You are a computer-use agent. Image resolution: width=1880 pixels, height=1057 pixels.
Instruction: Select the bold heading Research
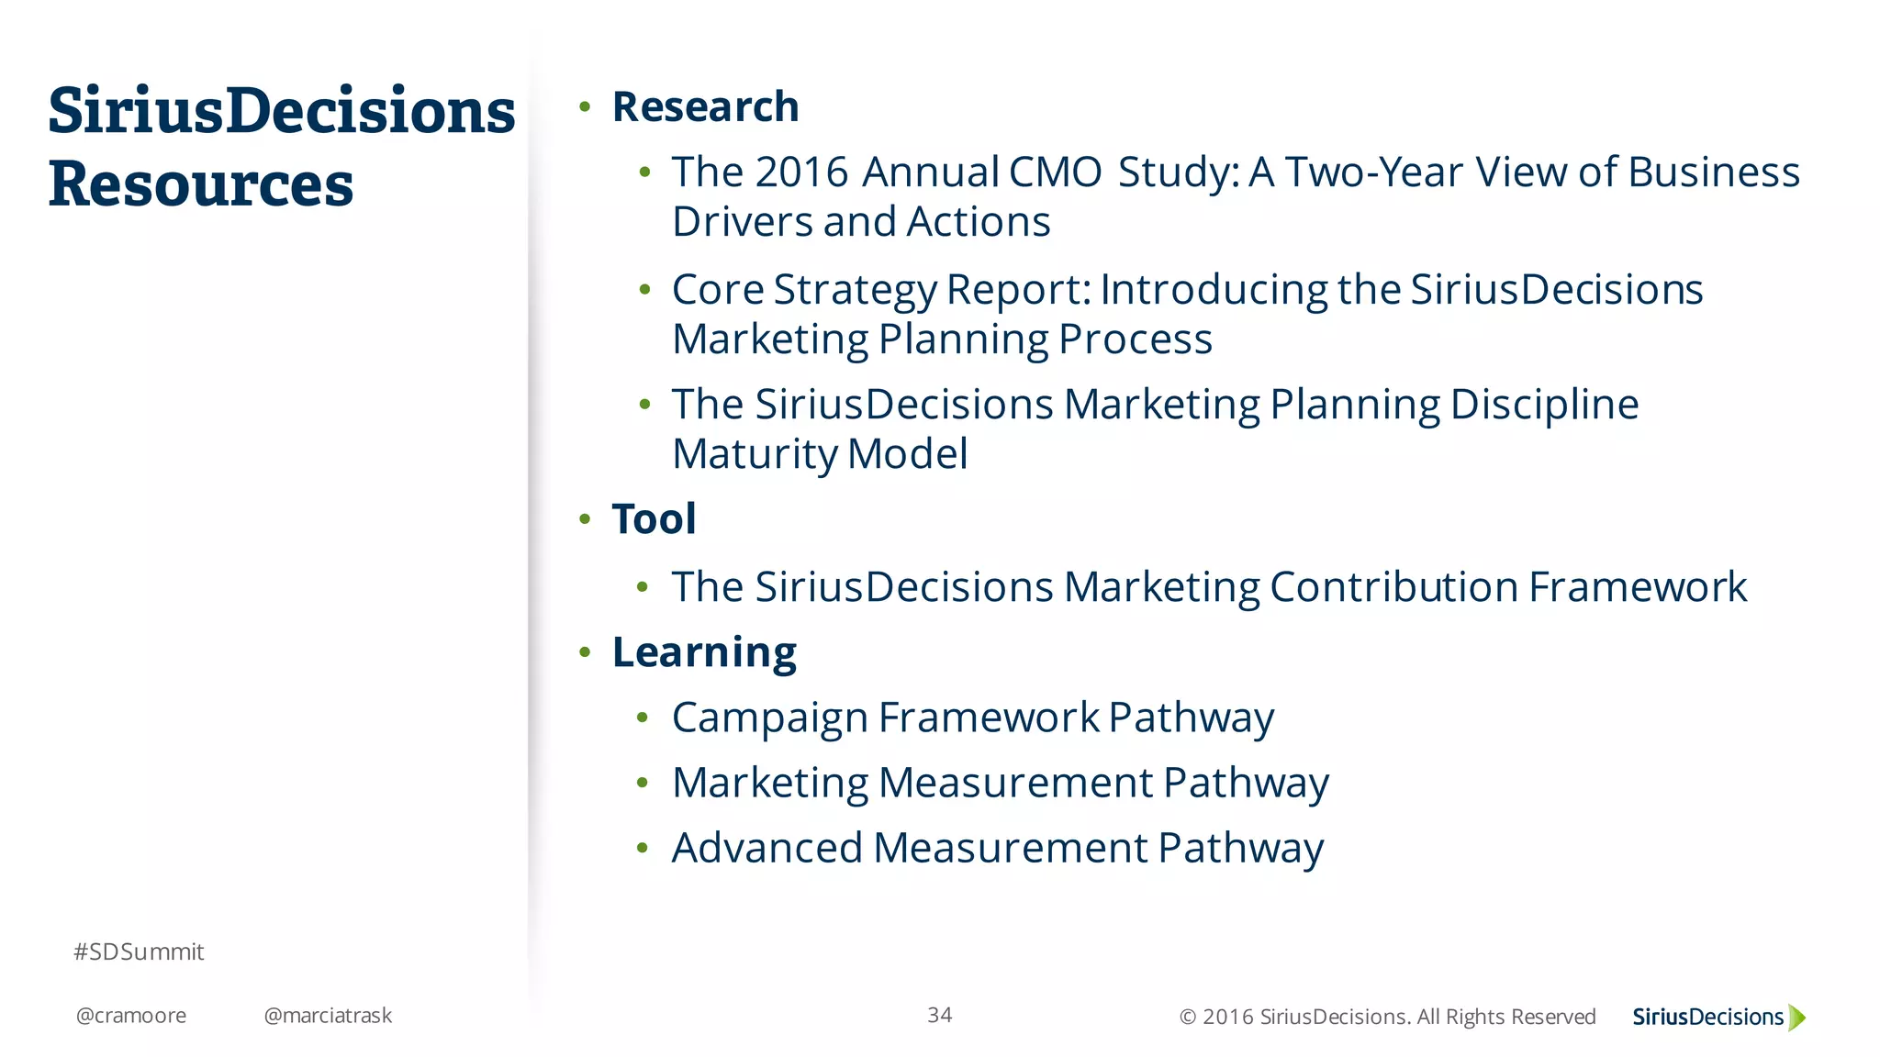click(x=705, y=107)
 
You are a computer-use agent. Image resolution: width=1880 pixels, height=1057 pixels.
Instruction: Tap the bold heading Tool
click(x=654, y=519)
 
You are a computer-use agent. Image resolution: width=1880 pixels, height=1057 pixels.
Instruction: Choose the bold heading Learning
click(x=704, y=653)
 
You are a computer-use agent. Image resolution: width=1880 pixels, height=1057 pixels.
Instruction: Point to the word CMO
click(x=1055, y=172)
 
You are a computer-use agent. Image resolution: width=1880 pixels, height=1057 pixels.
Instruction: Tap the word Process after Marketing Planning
click(x=1136, y=339)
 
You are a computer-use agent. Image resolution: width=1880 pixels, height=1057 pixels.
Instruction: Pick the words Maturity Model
click(x=820, y=454)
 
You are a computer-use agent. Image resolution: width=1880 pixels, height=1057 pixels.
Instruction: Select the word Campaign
click(x=769, y=718)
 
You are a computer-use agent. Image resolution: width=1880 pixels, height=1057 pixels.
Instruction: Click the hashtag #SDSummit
click(x=139, y=952)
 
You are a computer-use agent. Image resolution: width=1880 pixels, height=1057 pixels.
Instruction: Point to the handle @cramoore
click(x=131, y=1016)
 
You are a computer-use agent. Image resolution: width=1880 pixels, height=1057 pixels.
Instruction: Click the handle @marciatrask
click(x=328, y=1016)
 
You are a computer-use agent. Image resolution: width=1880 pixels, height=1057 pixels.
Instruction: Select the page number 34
click(x=939, y=1015)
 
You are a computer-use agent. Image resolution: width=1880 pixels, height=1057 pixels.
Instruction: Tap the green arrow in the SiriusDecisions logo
click(x=1797, y=1017)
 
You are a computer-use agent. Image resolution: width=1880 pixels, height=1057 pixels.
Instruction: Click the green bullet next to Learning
click(x=585, y=652)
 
